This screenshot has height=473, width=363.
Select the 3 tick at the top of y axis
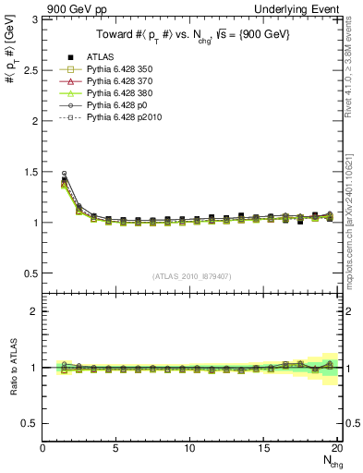[x=34, y=19]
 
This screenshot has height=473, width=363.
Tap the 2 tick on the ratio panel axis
[x=34, y=311]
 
